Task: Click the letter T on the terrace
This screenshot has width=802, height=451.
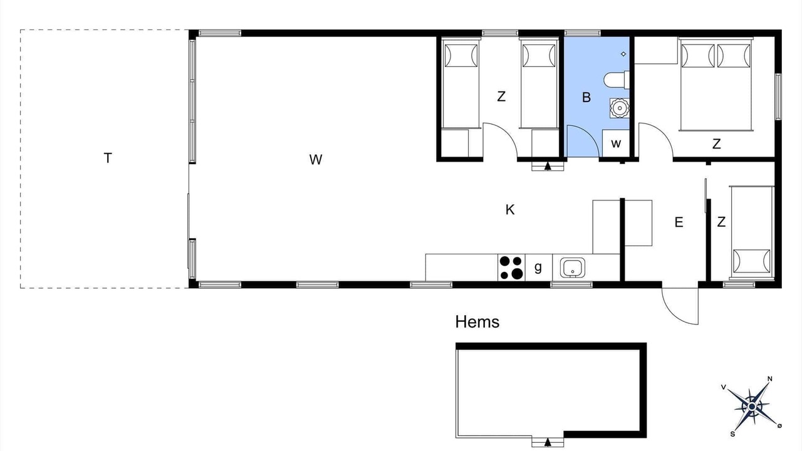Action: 108,158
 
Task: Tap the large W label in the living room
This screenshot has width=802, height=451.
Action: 315,160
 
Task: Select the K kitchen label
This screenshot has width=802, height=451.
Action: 510,210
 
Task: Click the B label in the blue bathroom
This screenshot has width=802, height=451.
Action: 586,97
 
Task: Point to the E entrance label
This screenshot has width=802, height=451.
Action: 679,222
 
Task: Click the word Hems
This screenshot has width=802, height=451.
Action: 477,322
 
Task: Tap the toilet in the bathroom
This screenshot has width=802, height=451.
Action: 617,80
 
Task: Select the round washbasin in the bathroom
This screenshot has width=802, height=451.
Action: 620,108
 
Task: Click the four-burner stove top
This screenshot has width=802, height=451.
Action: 511,267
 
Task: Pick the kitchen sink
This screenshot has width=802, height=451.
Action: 573,267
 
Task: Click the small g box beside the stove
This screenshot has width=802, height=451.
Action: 538,267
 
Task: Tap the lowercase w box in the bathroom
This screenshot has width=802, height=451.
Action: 616,143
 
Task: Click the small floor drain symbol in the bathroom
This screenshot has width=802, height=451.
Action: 623,54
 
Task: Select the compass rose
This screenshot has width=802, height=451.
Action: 752,407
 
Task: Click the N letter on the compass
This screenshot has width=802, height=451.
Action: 770,379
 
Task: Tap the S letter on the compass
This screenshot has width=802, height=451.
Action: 733,434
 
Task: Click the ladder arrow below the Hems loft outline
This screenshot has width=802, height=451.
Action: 548,442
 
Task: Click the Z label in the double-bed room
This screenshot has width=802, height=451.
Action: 716,144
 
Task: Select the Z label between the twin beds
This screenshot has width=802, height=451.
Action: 501,96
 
